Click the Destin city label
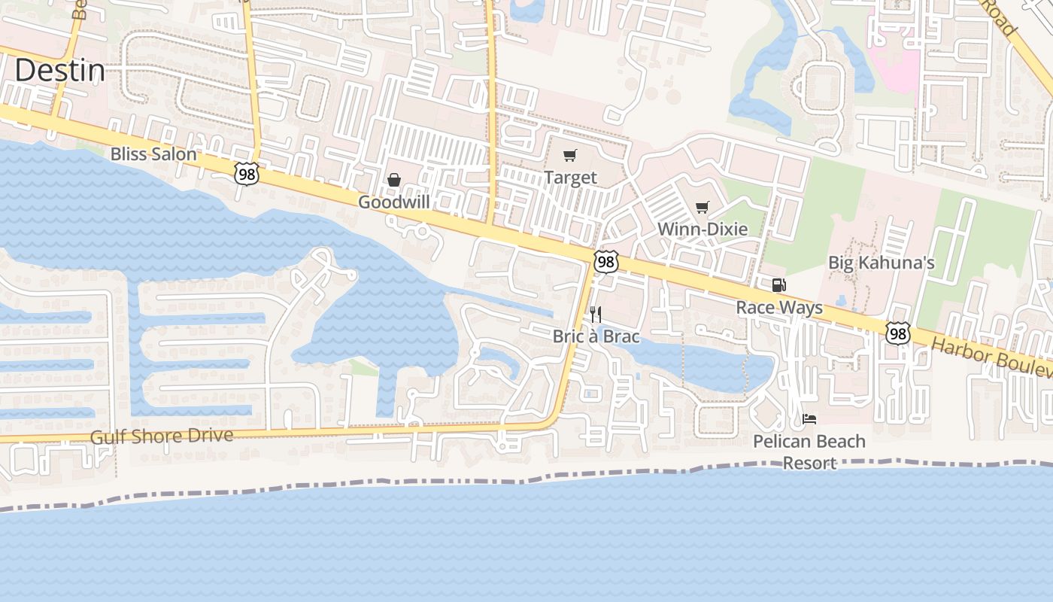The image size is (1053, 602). pyautogui.click(x=59, y=71)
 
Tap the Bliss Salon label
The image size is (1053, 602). pyautogui.click(x=153, y=154)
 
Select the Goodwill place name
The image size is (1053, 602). pyautogui.click(x=393, y=202)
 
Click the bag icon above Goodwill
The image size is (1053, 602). pyautogui.click(x=393, y=180)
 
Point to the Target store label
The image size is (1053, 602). pyautogui.click(x=570, y=178)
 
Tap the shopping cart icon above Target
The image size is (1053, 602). pyautogui.click(x=570, y=156)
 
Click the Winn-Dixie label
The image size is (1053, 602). pyautogui.click(x=703, y=229)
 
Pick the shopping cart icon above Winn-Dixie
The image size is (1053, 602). pyautogui.click(x=703, y=207)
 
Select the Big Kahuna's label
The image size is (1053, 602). pyautogui.click(x=881, y=263)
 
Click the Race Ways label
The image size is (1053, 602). pyautogui.click(x=779, y=307)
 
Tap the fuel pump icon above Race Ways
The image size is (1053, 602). pyautogui.click(x=779, y=285)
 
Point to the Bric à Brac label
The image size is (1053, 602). pyautogui.click(x=596, y=336)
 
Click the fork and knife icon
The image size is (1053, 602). pyautogui.click(x=596, y=314)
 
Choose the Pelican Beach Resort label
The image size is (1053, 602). pyautogui.click(x=809, y=451)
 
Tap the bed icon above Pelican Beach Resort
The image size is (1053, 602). pyautogui.click(x=809, y=419)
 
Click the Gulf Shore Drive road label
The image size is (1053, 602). pyautogui.click(x=162, y=436)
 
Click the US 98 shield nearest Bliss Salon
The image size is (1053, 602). pyautogui.click(x=247, y=174)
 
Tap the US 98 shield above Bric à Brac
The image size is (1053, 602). pyautogui.click(x=605, y=262)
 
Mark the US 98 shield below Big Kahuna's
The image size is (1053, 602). pyautogui.click(x=897, y=333)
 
